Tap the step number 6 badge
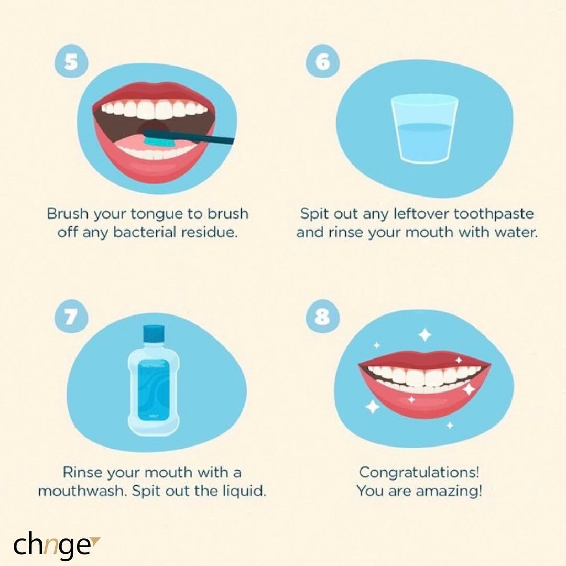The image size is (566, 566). coord(322,61)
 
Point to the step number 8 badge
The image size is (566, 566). coord(322,318)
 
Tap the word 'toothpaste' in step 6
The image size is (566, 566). coord(493,214)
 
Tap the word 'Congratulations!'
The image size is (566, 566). coord(419,472)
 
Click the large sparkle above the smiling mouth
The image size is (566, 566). coord(424,334)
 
